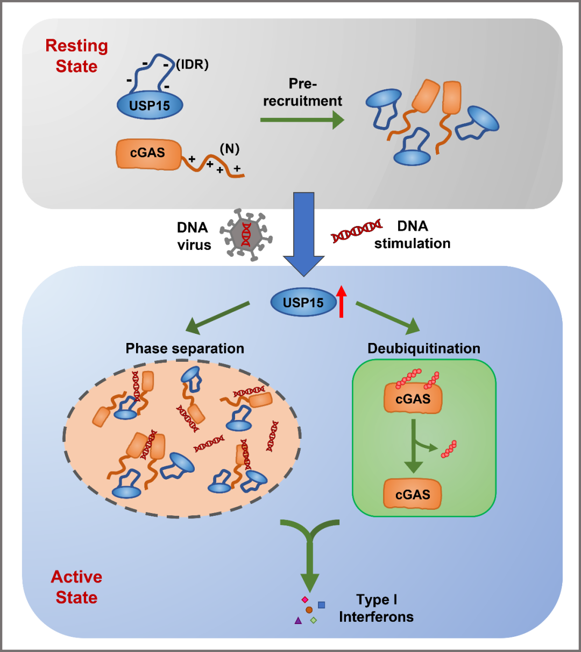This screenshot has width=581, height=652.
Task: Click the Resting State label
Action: pyautogui.click(x=76, y=56)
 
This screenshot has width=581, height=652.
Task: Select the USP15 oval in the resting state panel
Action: pyautogui.click(x=150, y=105)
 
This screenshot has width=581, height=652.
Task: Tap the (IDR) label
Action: pyautogui.click(x=192, y=65)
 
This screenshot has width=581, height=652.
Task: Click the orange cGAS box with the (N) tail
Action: pyautogui.click(x=148, y=153)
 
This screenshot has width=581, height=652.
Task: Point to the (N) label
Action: pyautogui.click(x=229, y=149)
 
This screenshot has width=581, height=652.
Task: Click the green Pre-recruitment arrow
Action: pyautogui.click(x=302, y=120)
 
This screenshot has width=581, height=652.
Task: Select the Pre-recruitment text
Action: pyautogui.click(x=302, y=92)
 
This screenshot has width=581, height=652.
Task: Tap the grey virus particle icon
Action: pyautogui.click(x=245, y=234)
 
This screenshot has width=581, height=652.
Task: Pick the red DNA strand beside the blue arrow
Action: pyautogui.click(x=357, y=230)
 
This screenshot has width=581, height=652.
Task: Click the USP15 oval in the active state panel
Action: pyautogui.click(x=303, y=303)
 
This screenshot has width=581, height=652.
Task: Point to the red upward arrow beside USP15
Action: pyautogui.click(x=341, y=302)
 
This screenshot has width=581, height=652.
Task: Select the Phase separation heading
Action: pyautogui.click(x=185, y=348)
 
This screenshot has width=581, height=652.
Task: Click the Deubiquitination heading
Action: pyautogui.click(x=423, y=348)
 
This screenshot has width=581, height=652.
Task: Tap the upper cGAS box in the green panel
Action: pyautogui.click(x=413, y=399)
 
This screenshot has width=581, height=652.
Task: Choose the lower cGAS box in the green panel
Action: pyautogui.click(x=413, y=494)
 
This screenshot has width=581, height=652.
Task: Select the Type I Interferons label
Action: pyautogui.click(x=376, y=608)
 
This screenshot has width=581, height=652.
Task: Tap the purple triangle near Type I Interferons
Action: pyautogui.click(x=298, y=621)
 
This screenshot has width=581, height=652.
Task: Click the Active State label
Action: pyautogui.click(x=76, y=587)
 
